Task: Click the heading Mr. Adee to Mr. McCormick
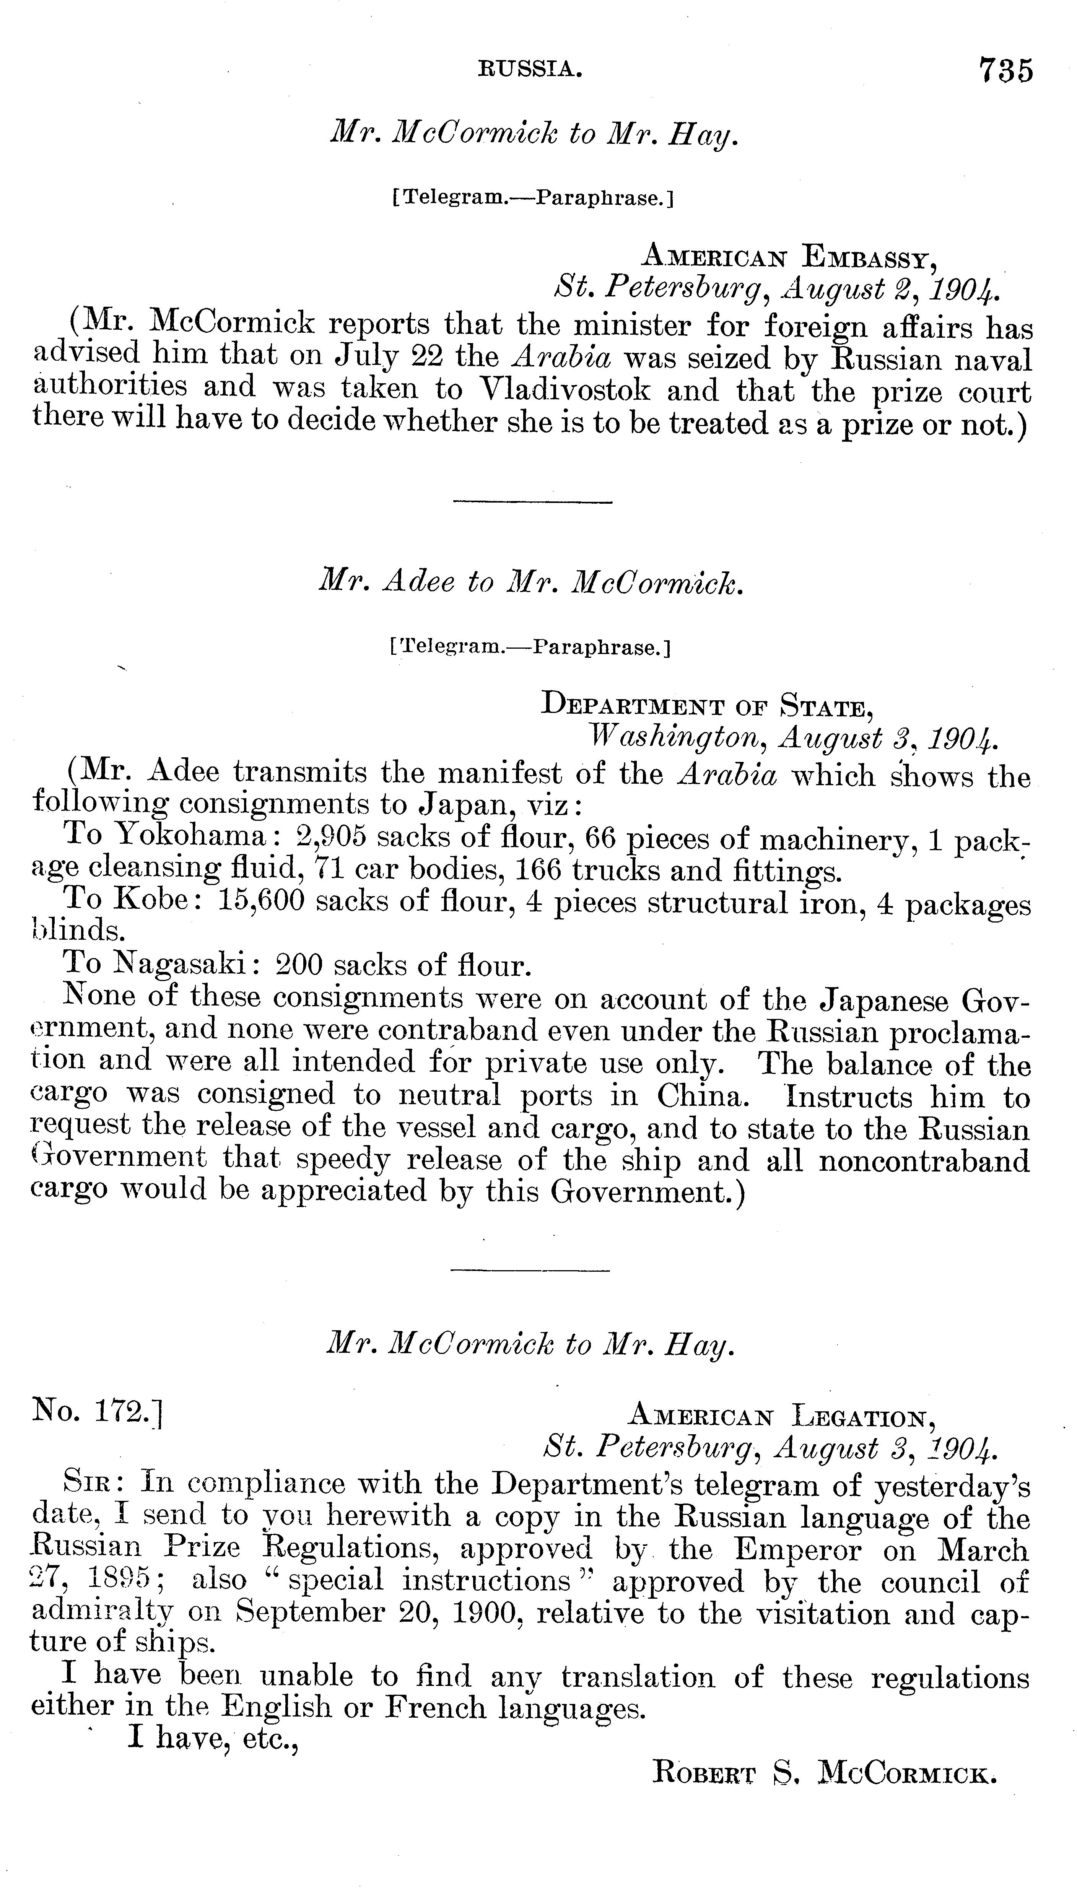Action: [x=530, y=584]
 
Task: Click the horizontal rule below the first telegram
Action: [x=533, y=504]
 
